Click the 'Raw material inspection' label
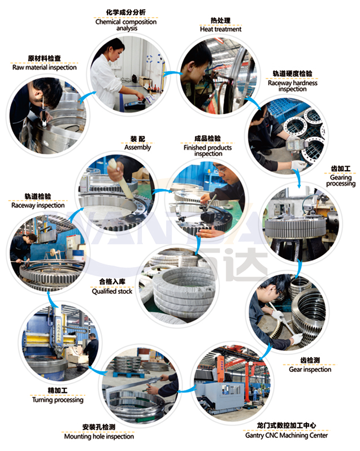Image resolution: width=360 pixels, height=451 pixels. pos(45,67)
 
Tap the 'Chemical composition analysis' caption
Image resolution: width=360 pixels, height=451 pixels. pos(126,25)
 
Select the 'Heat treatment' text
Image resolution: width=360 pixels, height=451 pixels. pos(220,29)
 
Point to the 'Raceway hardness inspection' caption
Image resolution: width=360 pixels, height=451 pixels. pos(292,86)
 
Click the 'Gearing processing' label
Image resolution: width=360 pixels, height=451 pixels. pos(341,180)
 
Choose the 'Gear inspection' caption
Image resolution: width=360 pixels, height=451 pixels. pos(310,369)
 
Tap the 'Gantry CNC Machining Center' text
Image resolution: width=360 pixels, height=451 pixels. pos(287,435)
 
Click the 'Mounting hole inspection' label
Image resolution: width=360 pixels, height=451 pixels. pos(99,436)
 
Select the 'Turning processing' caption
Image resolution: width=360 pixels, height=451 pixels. pos(58,400)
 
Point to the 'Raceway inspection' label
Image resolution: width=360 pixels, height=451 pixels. pos(38,205)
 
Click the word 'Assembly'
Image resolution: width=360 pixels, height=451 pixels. pos(137,148)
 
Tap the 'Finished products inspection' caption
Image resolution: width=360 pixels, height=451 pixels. pos(207,150)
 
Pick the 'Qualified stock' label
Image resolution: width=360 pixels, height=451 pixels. pos(112,292)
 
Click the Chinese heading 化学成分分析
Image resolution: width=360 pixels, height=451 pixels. pos(126,12)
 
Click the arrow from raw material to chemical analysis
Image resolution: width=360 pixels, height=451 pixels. pos(86,97)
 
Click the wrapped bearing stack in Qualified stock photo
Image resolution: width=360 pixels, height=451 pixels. pos(184,290)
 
